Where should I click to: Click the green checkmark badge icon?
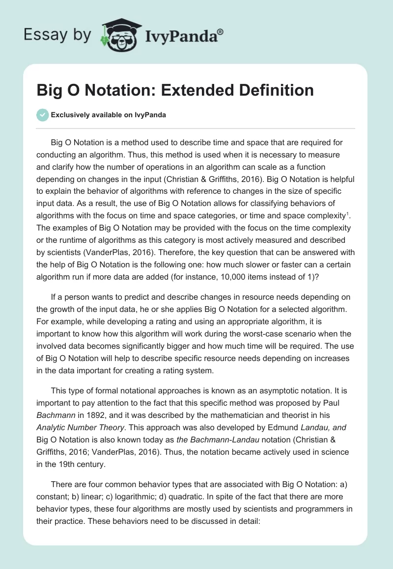click(x=42, y=115)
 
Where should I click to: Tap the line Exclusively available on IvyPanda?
click(x=109, y=115)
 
